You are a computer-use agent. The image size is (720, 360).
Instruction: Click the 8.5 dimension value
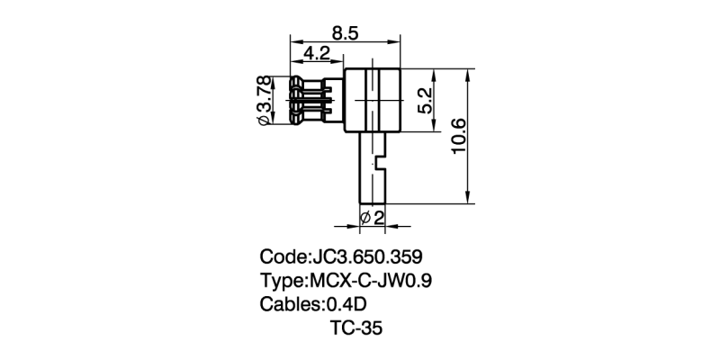click(x=346, y=32)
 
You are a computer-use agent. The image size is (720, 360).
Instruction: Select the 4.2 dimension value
click(x=316, y=53)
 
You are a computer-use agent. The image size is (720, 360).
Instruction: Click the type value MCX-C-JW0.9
click(x=371, y=280)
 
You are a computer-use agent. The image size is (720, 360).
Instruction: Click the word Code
click(x=282, y=256)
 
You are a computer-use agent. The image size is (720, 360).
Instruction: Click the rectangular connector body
click(x=372, y=100)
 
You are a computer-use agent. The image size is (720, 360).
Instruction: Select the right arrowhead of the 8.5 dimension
click(x=396, y=41)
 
